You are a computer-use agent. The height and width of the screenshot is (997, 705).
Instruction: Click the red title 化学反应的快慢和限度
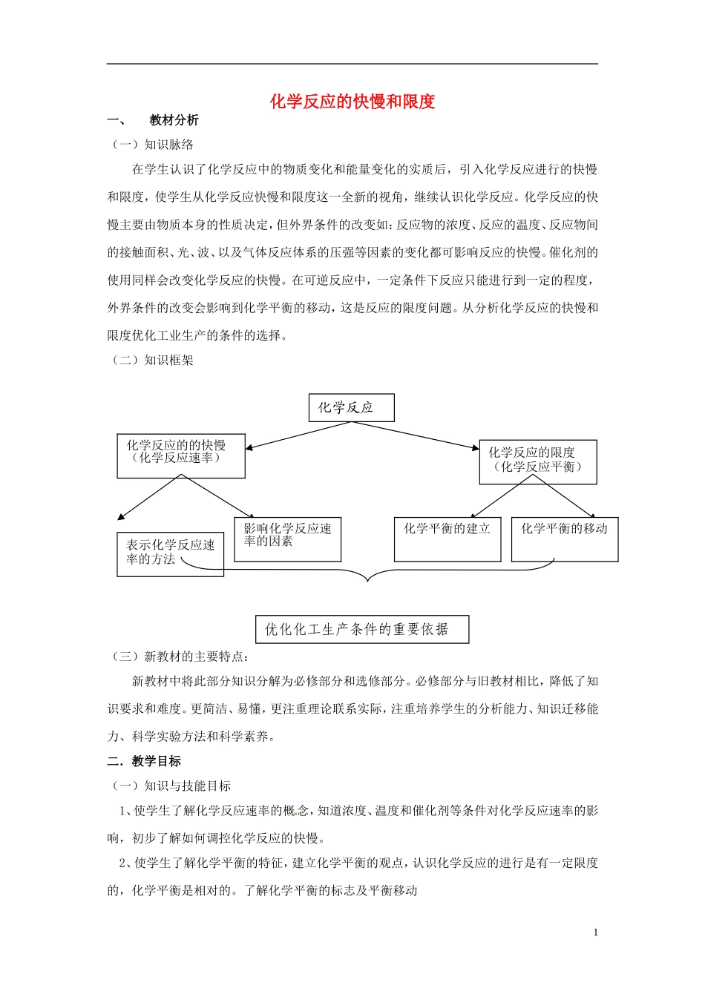(352, 102)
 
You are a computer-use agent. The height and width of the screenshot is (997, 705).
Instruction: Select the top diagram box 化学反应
(351, 407)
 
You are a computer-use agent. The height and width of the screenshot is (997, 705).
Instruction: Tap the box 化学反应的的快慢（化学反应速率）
(180, 455)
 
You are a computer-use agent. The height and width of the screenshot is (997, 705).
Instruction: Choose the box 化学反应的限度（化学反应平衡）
(537, 461)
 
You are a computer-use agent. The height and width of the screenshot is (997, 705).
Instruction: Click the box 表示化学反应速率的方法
(170, 553)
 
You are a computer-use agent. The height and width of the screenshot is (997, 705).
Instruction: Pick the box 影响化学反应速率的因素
(287, 539)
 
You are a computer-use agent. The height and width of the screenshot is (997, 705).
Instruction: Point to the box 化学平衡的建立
(447, 538)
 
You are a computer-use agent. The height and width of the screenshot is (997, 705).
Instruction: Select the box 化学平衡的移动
(564, 538)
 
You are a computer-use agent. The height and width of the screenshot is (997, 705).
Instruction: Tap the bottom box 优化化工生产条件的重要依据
(361, 629)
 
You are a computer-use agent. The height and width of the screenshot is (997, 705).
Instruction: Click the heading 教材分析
(174, 120)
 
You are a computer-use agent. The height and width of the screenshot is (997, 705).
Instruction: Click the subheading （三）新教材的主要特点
(180, 656)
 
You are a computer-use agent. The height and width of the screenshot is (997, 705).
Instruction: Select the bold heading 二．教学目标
(144, 761)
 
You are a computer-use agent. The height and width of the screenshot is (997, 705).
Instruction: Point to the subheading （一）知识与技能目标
(171, 786)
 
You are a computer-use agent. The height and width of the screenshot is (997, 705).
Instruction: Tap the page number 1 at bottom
(595, 932)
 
